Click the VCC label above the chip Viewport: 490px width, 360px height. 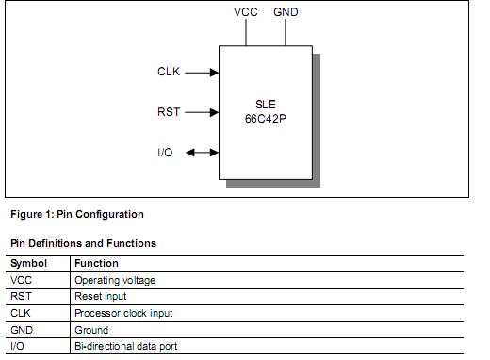245,12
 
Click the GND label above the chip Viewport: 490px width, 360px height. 286,12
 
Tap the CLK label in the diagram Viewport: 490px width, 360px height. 169,72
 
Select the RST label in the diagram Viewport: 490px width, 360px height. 169,112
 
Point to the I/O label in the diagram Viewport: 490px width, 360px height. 165,153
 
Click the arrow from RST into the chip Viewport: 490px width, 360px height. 202,112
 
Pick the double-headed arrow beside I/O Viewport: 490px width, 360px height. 202,153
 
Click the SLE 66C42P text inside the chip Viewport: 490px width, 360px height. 265,112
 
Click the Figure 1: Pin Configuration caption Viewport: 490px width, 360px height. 77,214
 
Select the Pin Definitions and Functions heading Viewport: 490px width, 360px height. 83,243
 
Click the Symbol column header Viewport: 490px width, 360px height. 28,264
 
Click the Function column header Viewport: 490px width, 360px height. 96,264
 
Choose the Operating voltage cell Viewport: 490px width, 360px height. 115,280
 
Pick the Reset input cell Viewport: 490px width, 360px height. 100,297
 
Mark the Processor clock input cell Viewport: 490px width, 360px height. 123,313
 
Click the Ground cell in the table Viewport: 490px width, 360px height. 91,330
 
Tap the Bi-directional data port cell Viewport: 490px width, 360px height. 125,347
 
